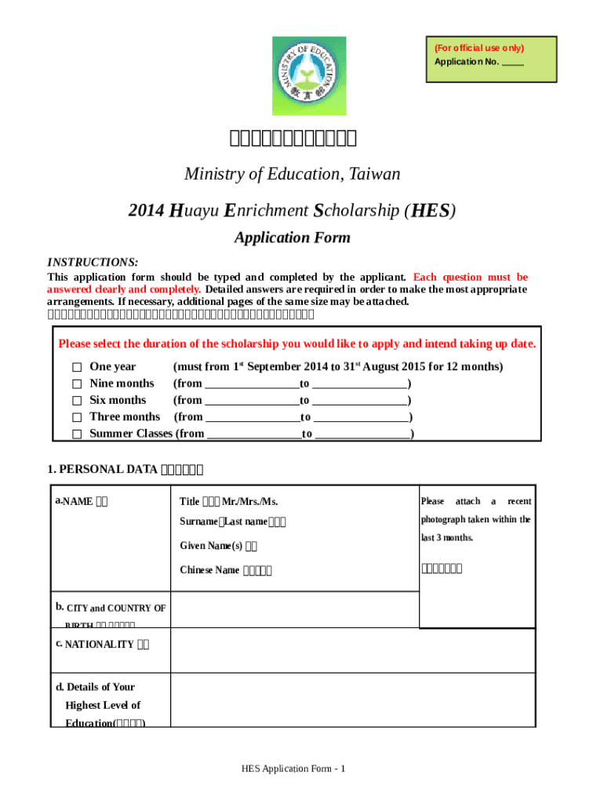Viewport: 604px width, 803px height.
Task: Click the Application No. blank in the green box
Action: [x=512, y=62]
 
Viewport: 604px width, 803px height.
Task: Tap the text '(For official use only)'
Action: [x=479, y=48]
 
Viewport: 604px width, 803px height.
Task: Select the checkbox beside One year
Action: [x=77, y=367]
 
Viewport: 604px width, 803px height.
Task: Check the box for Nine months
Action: [x=77, y=384]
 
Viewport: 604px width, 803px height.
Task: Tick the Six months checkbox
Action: [x=77, y=401]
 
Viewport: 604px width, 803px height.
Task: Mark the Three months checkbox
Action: [x=77, y=417]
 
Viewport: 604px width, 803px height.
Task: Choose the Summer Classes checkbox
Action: [x=77, y=434]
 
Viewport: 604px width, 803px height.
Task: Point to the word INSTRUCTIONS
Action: [x=93, y=262]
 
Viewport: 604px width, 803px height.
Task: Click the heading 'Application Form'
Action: [x=292, y=238]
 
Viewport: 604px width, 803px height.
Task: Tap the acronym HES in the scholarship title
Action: [x=429, y=211]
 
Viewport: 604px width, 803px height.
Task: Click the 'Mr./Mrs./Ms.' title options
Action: [x=249, y=502]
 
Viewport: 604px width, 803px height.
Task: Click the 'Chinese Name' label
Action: [x=209, y=570]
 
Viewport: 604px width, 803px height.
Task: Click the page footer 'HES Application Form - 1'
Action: [x=293, y=768]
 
